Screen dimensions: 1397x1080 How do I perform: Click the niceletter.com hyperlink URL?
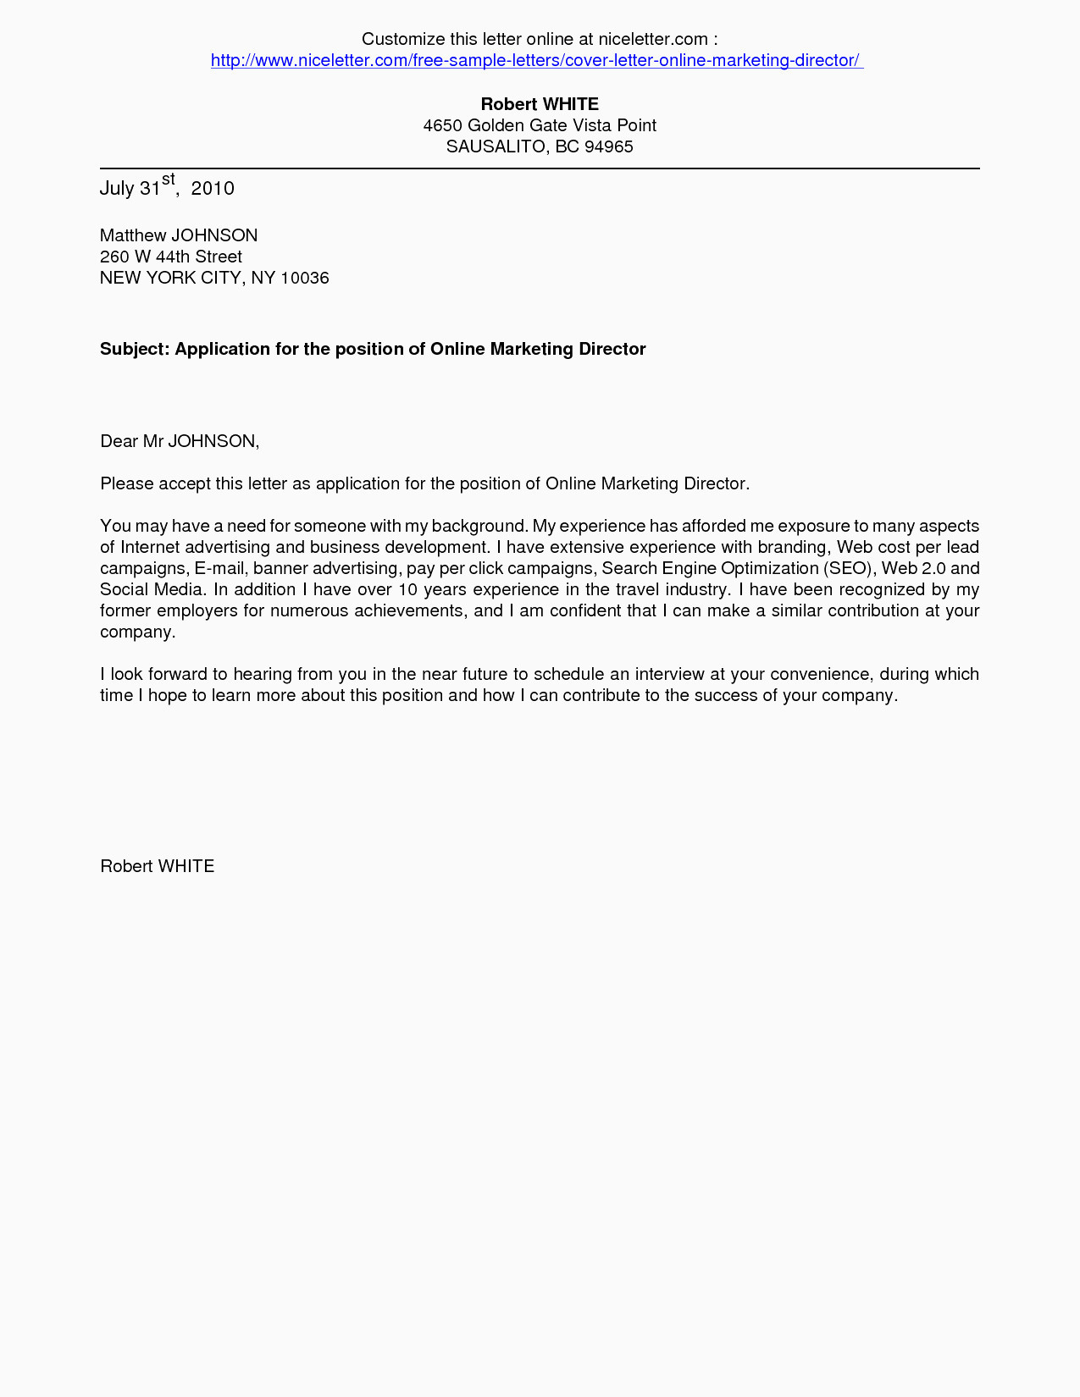536,60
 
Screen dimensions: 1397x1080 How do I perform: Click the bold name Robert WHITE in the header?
540,104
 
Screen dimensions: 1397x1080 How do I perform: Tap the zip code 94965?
609,146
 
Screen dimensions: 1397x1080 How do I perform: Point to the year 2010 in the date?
213,188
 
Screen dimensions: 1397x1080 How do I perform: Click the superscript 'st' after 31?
168,179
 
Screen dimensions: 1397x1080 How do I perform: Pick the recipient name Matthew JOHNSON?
179,235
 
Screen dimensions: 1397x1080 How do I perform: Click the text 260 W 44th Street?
171,257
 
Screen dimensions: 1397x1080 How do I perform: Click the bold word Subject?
135,349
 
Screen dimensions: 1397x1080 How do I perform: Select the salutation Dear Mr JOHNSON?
180,441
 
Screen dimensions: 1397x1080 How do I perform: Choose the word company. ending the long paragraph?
138,632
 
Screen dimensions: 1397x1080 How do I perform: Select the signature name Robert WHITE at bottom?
158,866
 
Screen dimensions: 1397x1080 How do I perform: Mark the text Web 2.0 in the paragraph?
913,568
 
